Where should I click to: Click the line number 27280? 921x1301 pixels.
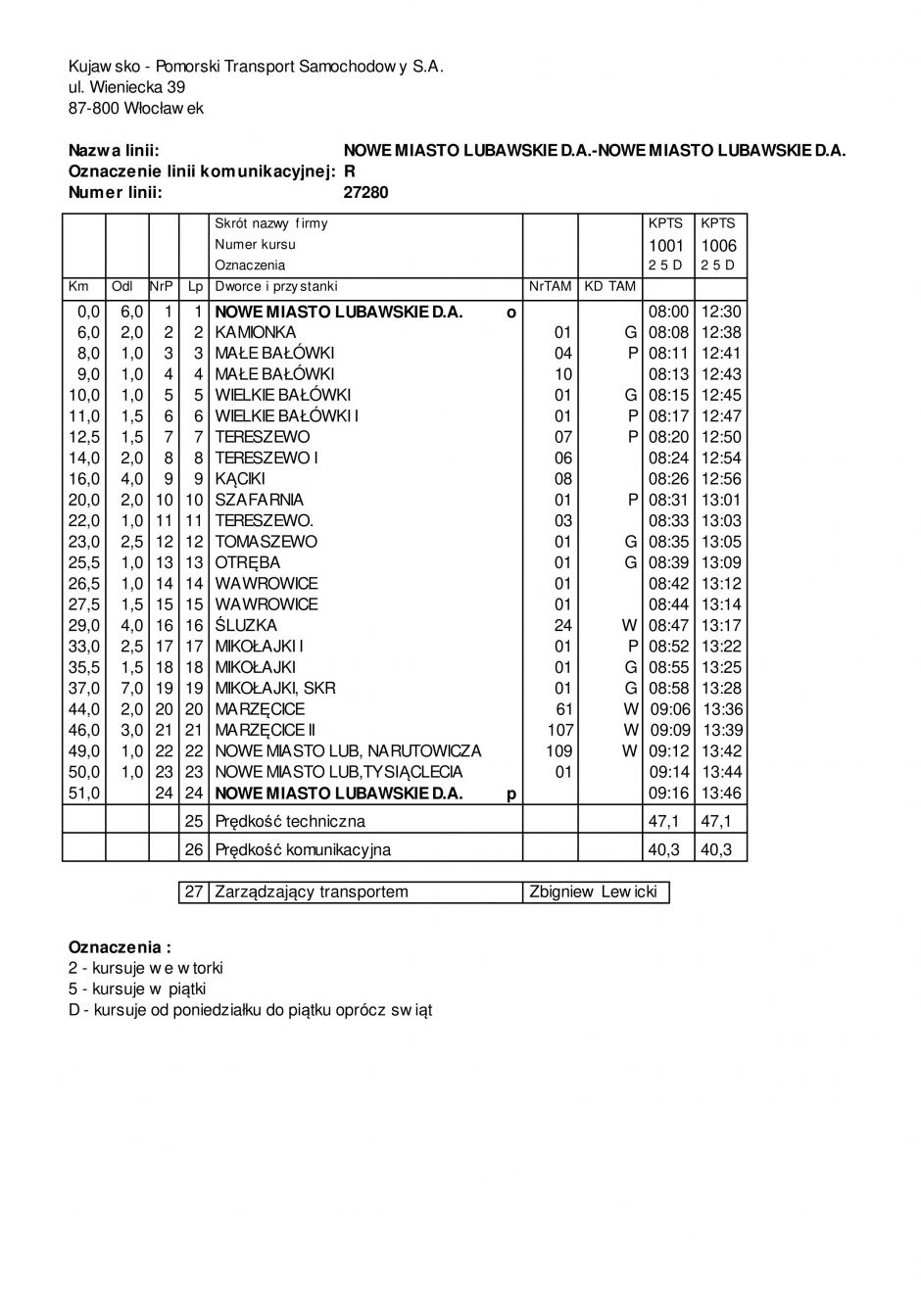tap(365, 192)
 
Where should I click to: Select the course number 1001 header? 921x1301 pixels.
tap(666, 245)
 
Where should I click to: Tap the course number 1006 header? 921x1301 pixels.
tap(718, 245)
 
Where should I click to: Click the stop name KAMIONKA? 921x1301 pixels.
tap(256, 332)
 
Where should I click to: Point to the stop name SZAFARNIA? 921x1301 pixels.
tap(260, 500)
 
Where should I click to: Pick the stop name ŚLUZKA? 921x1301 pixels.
tap(246, 625)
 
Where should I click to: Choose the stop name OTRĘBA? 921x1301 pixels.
tap(248, 562)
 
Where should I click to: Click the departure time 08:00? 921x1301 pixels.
tap(669, 312)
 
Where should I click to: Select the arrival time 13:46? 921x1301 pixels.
tap(722, 793)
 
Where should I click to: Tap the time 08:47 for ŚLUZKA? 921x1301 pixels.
tap(669, 625)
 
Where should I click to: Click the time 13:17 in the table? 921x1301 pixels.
tap(722, 625)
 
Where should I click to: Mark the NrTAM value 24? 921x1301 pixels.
tap(562, 625)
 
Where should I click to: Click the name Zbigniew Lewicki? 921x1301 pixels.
tap(593, 891)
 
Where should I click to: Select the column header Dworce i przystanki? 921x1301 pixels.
tap(275, 286)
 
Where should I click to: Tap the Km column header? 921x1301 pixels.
tap(77, 286)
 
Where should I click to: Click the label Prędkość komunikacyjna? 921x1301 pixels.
tap(303, 849)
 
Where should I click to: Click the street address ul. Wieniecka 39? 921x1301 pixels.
tap(126, 87)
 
